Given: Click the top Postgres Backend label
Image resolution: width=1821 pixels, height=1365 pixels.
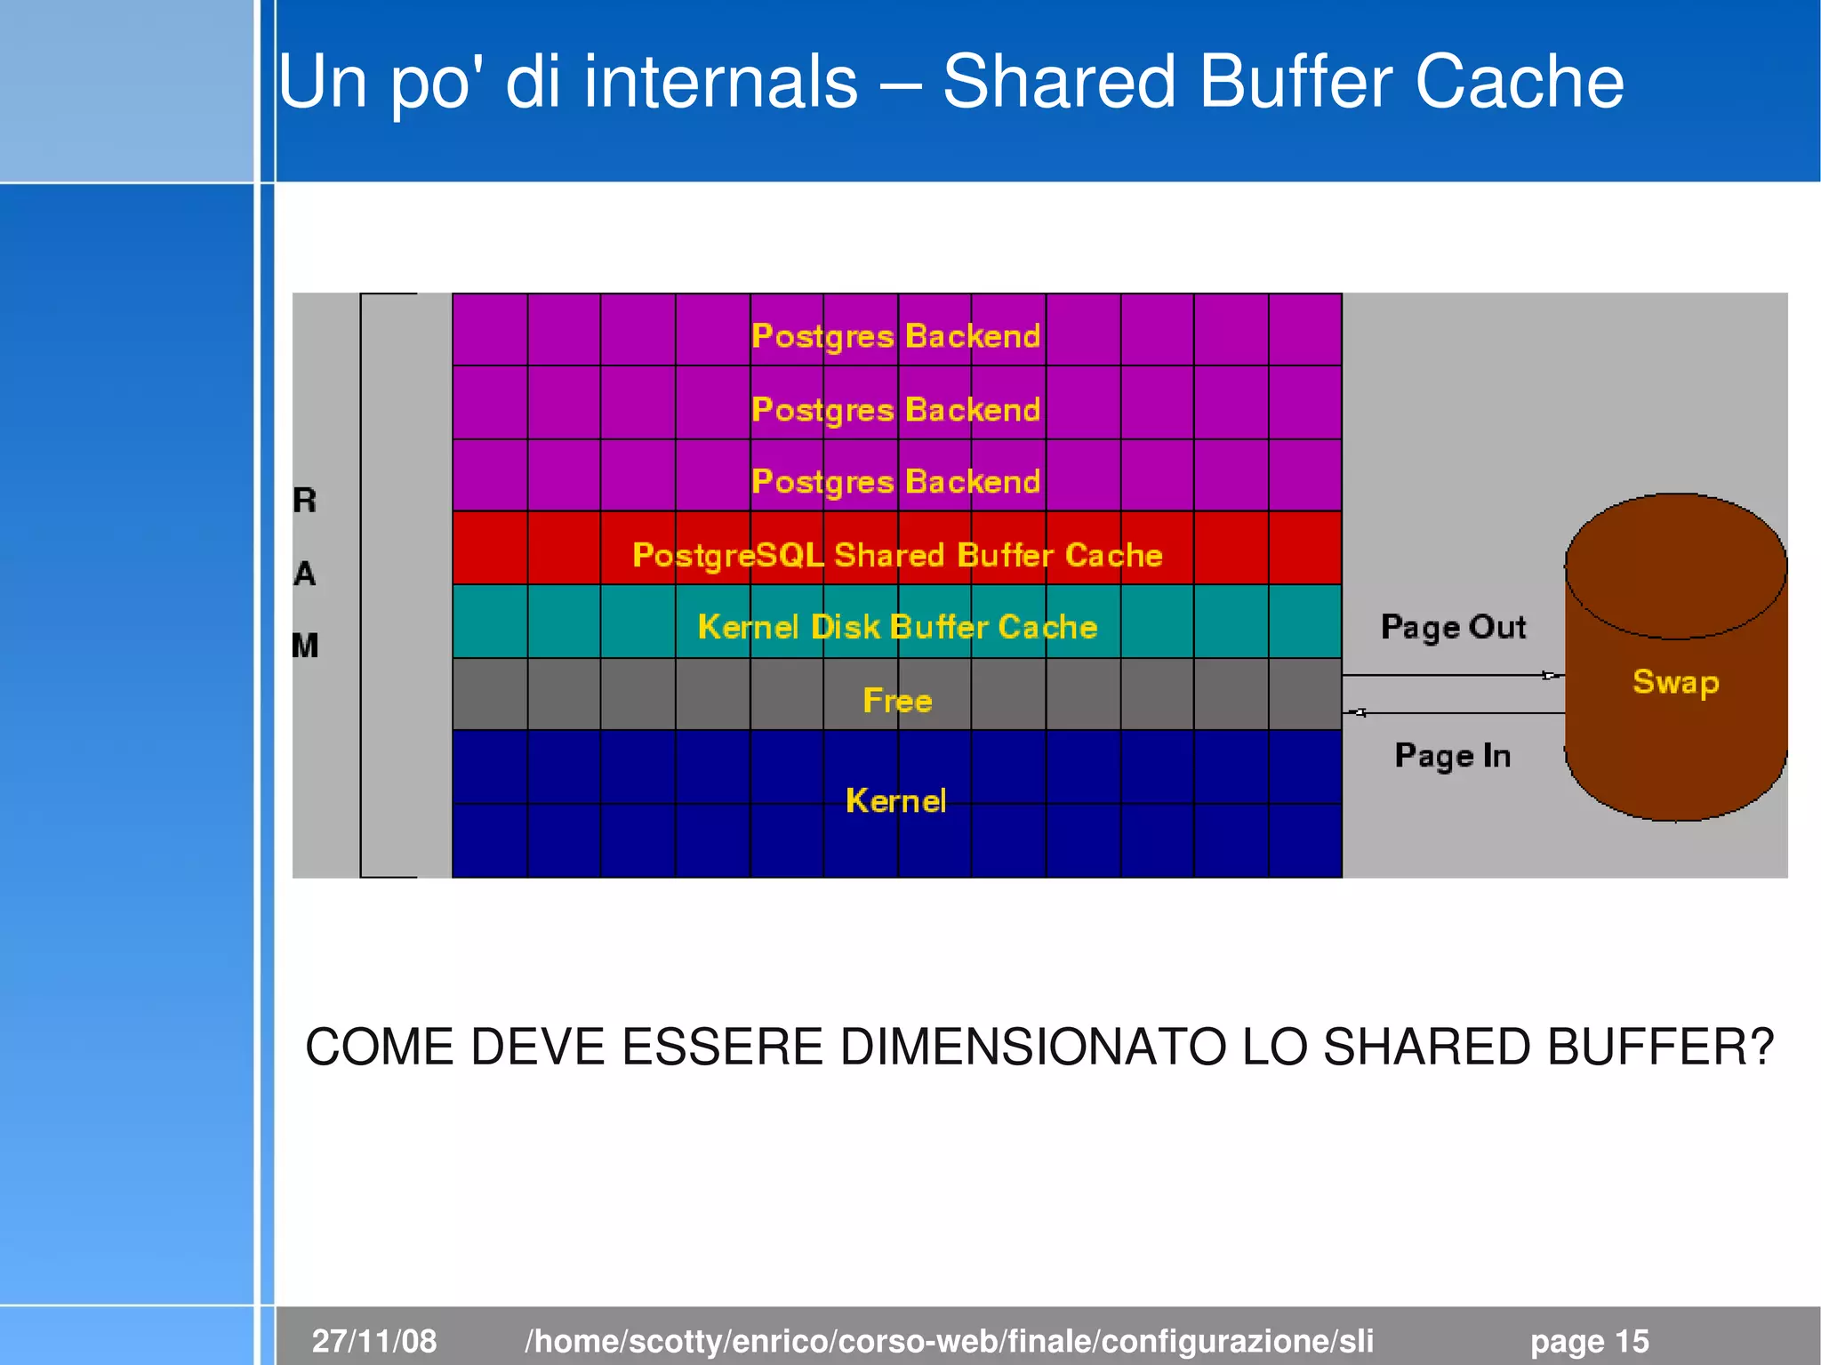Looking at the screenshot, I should (895, 336).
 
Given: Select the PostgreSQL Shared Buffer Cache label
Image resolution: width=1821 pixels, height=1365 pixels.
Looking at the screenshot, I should (897, 555).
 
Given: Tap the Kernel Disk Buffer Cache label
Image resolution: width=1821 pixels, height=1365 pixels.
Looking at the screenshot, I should (897, 627).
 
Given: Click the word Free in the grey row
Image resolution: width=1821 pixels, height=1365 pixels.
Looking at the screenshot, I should (897, 701).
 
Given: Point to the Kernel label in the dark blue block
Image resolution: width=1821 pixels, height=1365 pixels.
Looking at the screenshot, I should (895, 800).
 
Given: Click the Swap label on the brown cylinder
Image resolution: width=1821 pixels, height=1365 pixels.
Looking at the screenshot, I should (1675, 682).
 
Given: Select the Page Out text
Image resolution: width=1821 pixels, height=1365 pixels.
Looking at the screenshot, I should (1453, 627).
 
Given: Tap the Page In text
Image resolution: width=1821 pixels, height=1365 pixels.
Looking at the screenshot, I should (1452, 756).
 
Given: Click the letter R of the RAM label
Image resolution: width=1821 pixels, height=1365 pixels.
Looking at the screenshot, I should (305, 501).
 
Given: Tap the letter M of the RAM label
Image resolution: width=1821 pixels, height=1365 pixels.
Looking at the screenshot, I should (305, 646).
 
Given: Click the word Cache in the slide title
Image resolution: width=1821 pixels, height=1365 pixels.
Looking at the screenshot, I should (1519, 82).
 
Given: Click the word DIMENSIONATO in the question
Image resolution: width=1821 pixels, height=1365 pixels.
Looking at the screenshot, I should (1032, 1047).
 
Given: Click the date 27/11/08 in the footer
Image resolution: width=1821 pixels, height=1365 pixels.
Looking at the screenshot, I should (374, 1340).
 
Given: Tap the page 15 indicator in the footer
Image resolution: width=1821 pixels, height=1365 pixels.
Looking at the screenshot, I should (1589, 1340).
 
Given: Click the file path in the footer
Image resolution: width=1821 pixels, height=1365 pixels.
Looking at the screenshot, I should (949, 1340).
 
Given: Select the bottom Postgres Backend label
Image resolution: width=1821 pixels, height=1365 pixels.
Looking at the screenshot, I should (895, 482).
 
